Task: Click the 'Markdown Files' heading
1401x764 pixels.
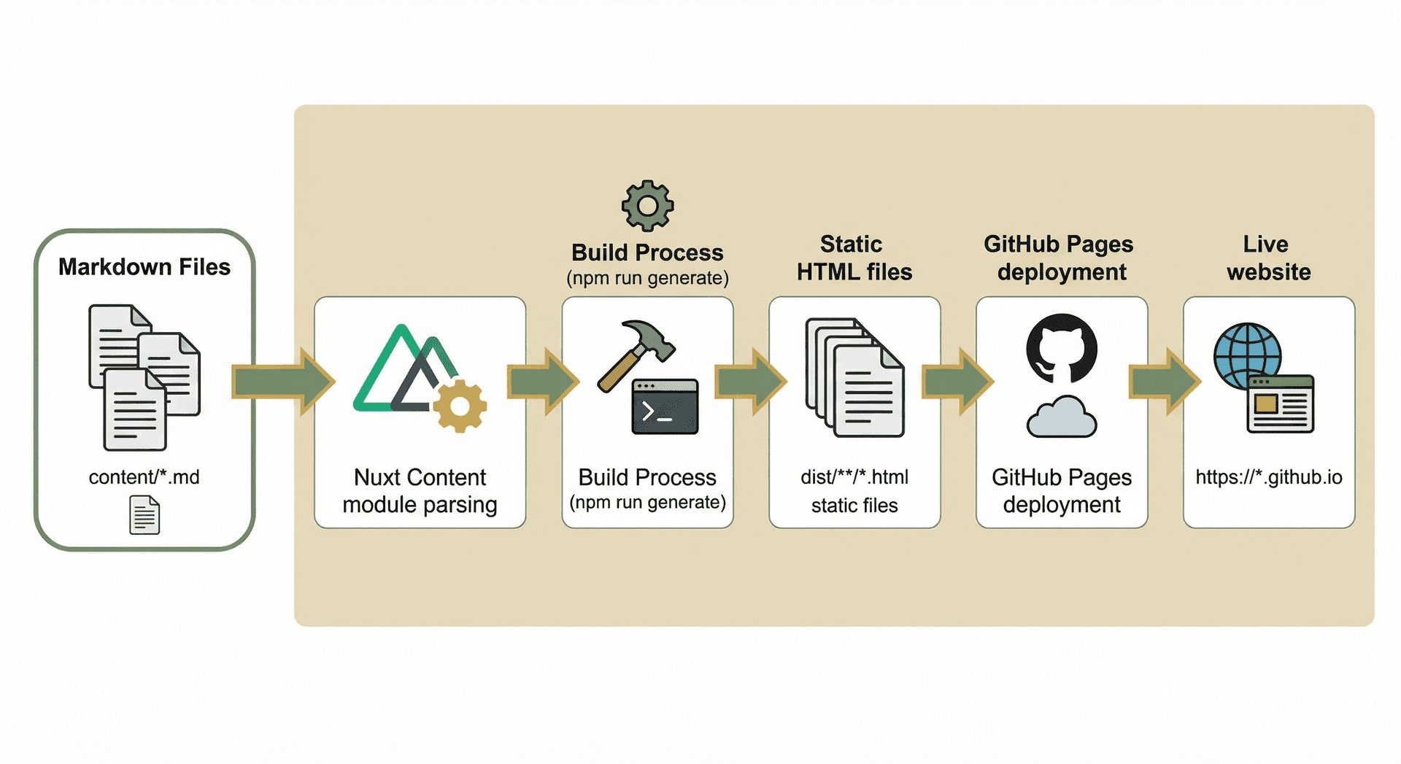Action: tap(144, 267)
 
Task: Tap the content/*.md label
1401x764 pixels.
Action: tap(144, 477)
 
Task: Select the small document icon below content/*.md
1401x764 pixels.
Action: tap(144, 514)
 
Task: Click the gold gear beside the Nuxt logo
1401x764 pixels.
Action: tap(460, 406)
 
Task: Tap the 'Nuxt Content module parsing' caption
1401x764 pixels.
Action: tap(420, 490)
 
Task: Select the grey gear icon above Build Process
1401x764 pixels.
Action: tap(647, 206)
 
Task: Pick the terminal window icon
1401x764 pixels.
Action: tap(665, 406)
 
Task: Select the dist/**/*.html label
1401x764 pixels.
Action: tap(854, 477)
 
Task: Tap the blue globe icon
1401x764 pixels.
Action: tap(1246, 355)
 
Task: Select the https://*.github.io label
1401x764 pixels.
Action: tap(1269, 477)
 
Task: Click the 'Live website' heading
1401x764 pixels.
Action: tap(1268, 258)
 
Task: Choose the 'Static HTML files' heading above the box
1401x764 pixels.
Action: tap(854, 258)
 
